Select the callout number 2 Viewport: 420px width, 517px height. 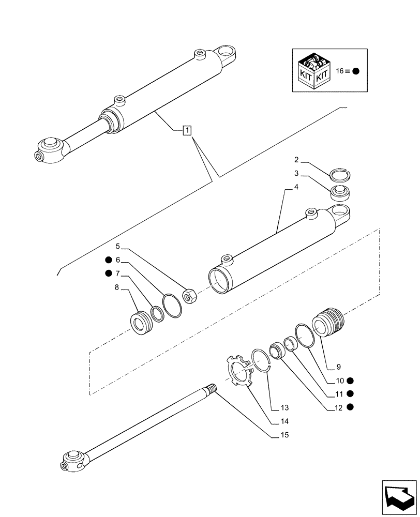click(296, 160)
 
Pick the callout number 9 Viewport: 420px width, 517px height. click(338, 367)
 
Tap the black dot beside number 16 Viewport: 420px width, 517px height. click(355, 72)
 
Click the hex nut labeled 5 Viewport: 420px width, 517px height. click(189, 296)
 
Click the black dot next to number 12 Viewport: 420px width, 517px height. click(350, 407)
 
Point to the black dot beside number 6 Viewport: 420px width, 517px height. click(108, 260)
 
